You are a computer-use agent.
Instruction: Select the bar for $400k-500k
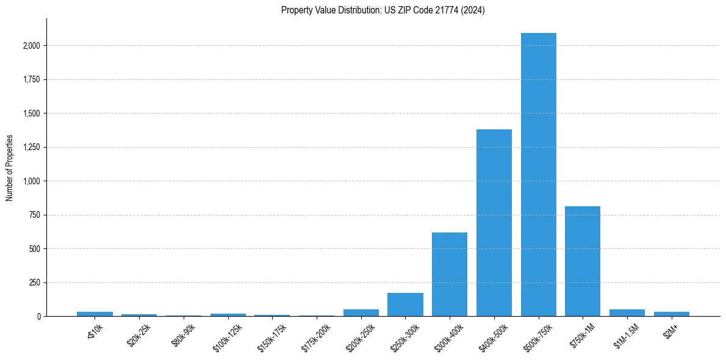[494, 223]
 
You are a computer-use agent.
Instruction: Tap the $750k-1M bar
[583, 261]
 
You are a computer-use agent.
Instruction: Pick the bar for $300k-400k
[450, 274]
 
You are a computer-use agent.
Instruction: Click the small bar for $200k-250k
[361, 313]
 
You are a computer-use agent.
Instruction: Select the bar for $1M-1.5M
[627, 313]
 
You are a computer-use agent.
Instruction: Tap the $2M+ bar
[671, 314]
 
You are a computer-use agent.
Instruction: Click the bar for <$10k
[95, 314]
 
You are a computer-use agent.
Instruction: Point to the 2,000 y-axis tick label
[32, 46]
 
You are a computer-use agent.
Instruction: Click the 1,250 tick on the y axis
[32, 147]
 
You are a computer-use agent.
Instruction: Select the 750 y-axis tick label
[35, 215]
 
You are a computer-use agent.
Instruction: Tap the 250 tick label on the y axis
[35, 283]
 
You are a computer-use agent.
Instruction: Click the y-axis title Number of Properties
[10, 168]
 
